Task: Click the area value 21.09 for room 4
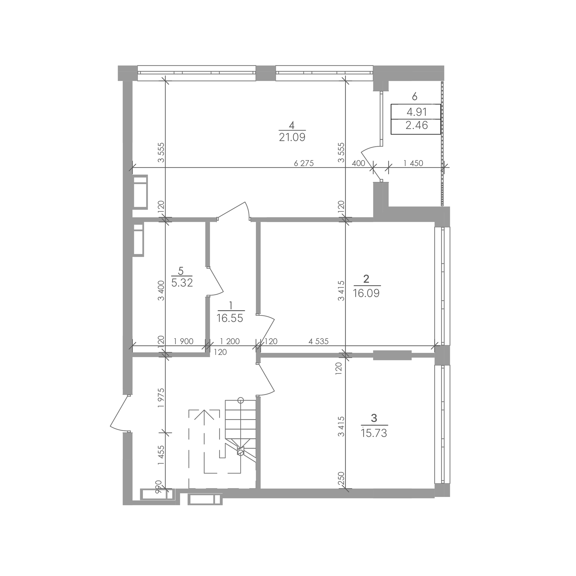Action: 292,137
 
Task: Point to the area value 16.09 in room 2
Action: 366,293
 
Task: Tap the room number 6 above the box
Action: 414,96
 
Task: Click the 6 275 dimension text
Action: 304,163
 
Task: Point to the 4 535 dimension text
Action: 318,341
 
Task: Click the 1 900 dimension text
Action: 184,341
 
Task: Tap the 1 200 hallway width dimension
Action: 230,341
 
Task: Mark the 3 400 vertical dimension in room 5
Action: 161,291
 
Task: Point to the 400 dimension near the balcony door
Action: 358,163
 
